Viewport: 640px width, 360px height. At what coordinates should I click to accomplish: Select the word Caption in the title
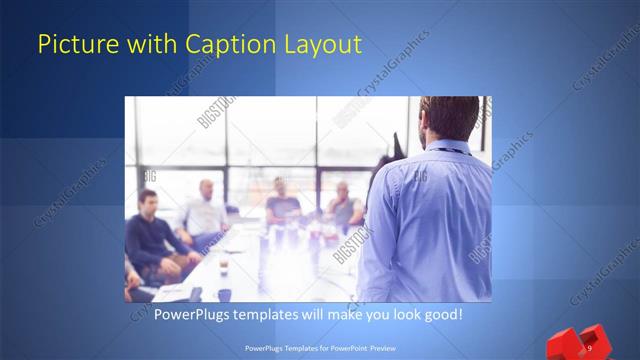(221, 45)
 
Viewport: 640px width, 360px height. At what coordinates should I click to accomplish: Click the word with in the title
(148, 45)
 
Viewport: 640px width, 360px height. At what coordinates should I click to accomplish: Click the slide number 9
(590, 348)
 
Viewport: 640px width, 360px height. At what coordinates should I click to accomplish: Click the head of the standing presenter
(445, 118)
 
